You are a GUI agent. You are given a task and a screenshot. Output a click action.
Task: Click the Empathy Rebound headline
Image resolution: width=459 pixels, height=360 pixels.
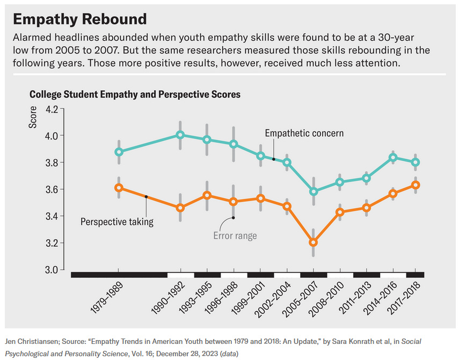(79, 19)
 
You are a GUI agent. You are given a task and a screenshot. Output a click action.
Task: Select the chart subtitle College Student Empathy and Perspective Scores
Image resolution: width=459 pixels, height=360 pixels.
(135, 94)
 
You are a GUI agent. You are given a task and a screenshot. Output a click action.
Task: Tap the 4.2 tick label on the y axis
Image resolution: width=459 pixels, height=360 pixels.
(52, 109)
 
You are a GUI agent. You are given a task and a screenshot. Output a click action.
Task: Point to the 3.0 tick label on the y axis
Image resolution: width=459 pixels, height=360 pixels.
(52, 270)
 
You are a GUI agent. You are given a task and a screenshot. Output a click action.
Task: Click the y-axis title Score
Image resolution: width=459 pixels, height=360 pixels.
(33, 117)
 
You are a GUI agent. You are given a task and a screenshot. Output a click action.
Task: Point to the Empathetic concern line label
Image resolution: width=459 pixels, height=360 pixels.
(304, 134)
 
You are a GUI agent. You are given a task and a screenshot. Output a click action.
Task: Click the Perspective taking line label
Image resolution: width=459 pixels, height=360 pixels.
(117, 222)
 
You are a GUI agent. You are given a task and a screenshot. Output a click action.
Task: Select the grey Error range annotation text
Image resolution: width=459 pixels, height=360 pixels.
(235, 236)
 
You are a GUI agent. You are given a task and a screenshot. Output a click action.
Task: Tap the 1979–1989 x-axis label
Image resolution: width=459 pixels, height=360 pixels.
(107, 298)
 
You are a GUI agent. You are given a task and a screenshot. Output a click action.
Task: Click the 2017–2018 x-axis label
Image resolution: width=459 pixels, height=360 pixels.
(404, 298)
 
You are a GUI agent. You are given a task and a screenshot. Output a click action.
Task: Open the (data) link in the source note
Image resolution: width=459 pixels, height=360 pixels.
(229, 354)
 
